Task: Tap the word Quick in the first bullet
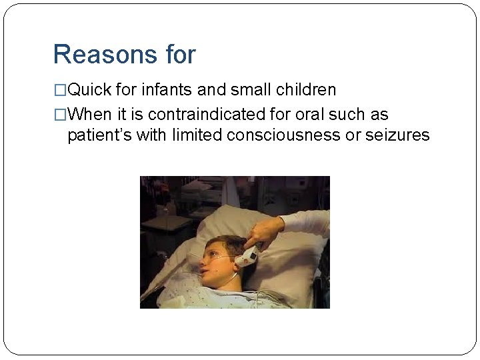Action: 89,90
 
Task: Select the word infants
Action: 165,90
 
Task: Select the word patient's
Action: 99,135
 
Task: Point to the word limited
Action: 197,135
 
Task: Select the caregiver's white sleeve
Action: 307,221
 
